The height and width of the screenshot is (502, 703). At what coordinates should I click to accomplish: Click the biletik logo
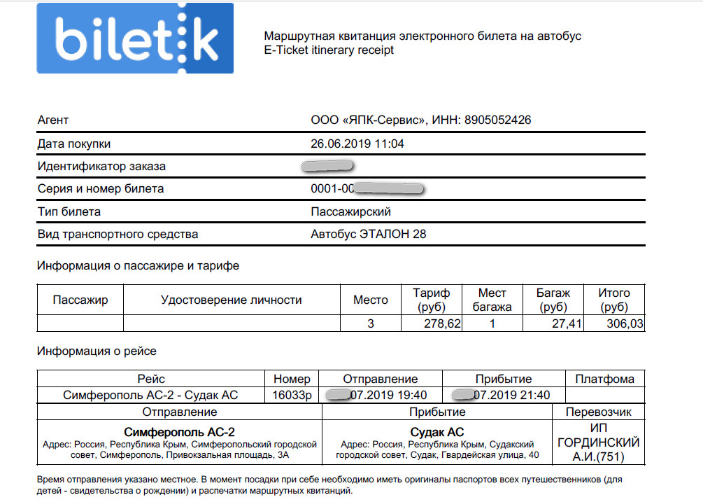coord(135,38)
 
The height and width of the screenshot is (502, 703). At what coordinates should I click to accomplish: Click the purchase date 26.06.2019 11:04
coord(357,144)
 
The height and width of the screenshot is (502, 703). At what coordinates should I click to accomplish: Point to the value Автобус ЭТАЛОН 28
coord(368,235)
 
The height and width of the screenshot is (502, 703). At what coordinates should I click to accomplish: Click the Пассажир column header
coord(80,300)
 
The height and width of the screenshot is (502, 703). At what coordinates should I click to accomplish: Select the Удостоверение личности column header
coord(232,300)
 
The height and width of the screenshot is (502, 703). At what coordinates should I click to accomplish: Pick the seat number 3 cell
coord(371,323)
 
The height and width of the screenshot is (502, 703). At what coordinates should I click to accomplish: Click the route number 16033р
coord(292,395)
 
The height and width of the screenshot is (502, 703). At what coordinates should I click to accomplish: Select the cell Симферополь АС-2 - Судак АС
coord(151,395)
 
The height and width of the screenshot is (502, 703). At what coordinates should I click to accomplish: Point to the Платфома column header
coord(604,379)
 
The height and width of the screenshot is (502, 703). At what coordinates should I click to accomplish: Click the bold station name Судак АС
coord(437,432)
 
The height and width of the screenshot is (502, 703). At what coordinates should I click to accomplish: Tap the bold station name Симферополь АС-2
coord(180,432)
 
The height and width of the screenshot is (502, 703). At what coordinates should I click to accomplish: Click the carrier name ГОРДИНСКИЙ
coord(598,442)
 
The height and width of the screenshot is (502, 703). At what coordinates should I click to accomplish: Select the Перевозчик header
coord(598,412)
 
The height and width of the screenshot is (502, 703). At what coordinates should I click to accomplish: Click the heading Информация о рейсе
coord(97,351)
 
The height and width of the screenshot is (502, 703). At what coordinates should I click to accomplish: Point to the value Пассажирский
coord(351,211)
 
